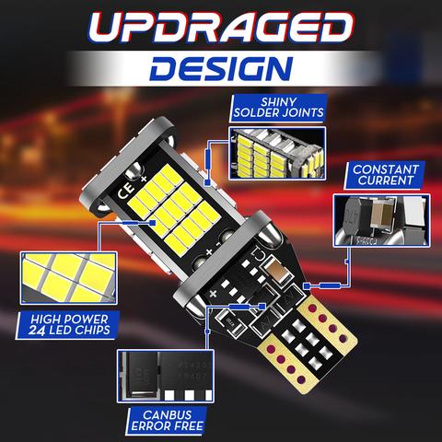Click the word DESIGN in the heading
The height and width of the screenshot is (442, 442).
[221, 67]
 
